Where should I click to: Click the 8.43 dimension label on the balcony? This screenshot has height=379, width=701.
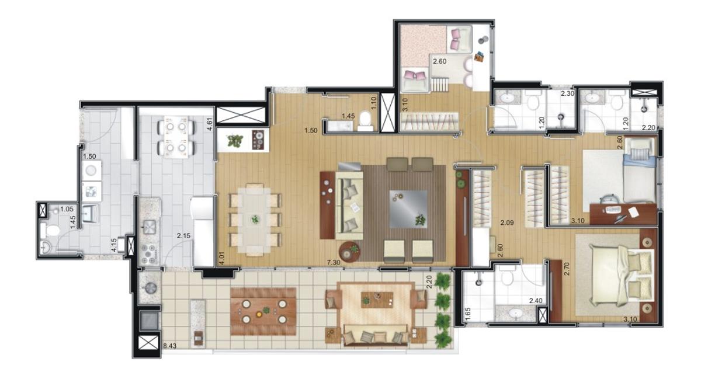[x=170, y=346]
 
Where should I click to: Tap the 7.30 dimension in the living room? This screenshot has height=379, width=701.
[x=334, y=263]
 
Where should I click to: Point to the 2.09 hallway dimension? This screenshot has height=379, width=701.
[x=506, y=223]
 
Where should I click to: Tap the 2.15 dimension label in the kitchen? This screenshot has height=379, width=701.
[x=183, y=236]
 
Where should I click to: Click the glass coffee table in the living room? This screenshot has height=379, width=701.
[x=408, y=209]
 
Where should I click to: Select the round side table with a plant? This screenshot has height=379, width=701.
[x=349, y=251]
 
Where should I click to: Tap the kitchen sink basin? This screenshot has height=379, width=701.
[x=150, y=226]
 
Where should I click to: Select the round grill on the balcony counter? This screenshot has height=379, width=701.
[x=150, y=288]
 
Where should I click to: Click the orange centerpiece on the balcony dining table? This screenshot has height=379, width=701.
[x=259, y=314]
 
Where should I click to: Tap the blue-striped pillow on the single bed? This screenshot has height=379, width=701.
[x=640, y=154]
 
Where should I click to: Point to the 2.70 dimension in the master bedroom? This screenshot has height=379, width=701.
[x=567, y=269]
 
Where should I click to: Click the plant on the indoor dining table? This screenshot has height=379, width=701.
[x=255, y=219]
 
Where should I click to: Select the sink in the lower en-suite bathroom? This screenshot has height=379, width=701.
[x=515, y=313]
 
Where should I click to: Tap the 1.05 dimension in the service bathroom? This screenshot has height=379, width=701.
[x=67, y=208]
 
